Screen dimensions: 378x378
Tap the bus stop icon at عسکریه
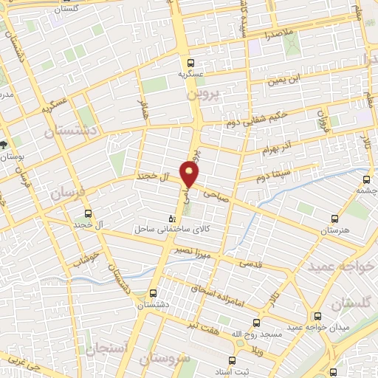(191, 63)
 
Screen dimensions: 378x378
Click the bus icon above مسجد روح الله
(256, 323)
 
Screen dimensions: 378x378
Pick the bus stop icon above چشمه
(367, 178)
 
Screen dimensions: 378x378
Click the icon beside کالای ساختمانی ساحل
(172, 219)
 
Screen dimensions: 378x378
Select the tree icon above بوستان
(5, 144)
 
